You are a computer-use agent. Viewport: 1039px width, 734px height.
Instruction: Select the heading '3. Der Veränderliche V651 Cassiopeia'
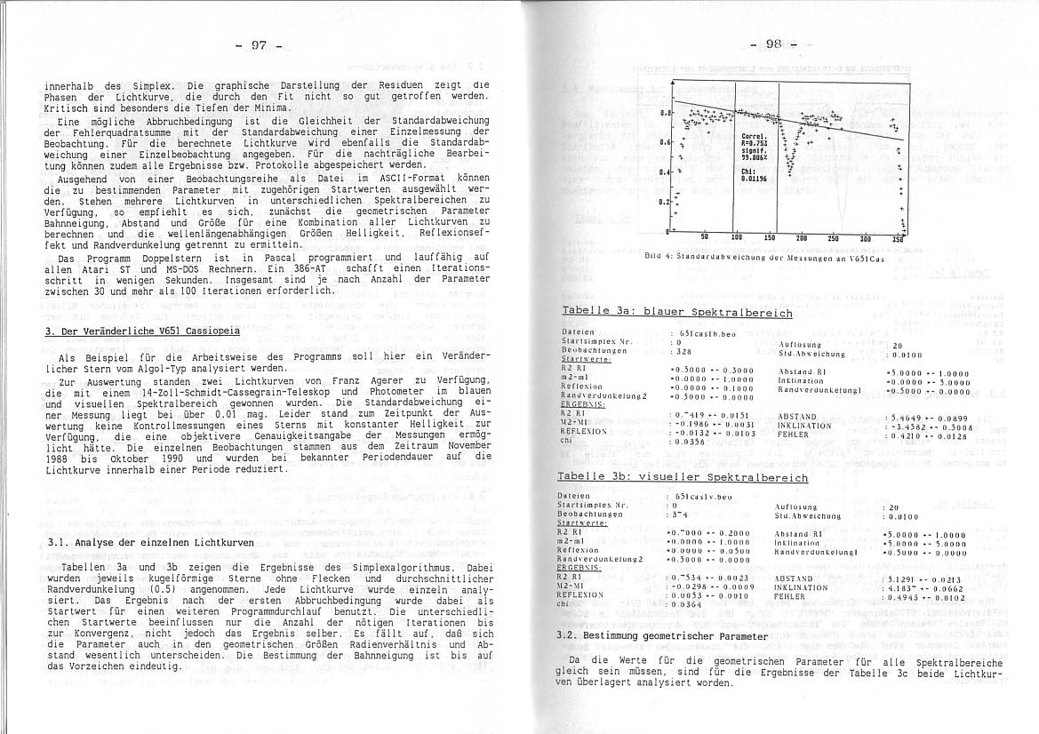142,331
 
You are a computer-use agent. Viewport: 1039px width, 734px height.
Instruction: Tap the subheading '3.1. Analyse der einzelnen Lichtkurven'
150,542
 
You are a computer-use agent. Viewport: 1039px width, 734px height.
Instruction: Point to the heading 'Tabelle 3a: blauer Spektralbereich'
676,313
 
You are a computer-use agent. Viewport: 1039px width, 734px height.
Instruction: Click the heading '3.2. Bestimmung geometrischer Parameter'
660,636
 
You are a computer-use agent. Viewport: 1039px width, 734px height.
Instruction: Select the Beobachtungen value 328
683,351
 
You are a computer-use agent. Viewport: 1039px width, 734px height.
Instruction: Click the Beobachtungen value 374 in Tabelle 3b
683,514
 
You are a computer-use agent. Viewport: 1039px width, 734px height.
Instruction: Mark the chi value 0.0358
690,441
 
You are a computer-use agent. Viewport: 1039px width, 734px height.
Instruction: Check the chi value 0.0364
690,604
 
